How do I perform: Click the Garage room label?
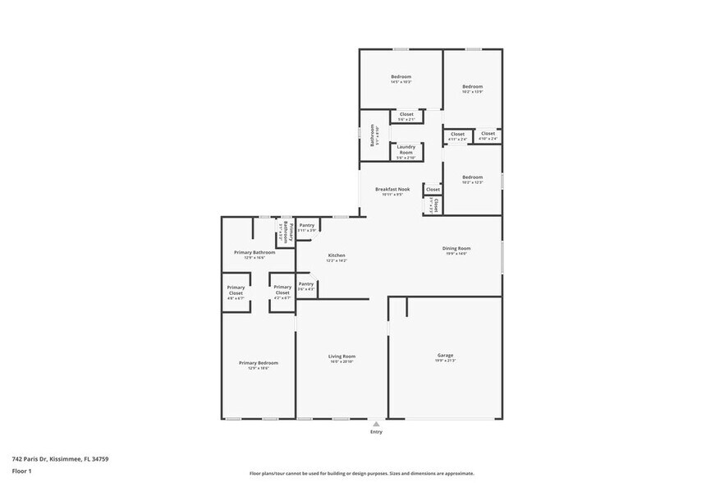point(446,356)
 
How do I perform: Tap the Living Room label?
point(342,356)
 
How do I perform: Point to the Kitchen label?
point(337,255)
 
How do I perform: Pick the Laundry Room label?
point(406,150)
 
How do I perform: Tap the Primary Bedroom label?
point(258,363)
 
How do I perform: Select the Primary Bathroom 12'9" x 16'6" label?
point(254,253)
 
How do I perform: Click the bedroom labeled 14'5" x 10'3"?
point(401,77)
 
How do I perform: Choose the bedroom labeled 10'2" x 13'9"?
point(472,87)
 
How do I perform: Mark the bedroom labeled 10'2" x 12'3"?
point(472,177)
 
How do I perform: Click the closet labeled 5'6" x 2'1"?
point(406,114)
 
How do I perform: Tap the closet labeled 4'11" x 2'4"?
point(457,134)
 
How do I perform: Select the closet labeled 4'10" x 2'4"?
point(488,134)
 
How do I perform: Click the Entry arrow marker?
point(376,424)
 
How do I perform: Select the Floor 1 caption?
point(21,471)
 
